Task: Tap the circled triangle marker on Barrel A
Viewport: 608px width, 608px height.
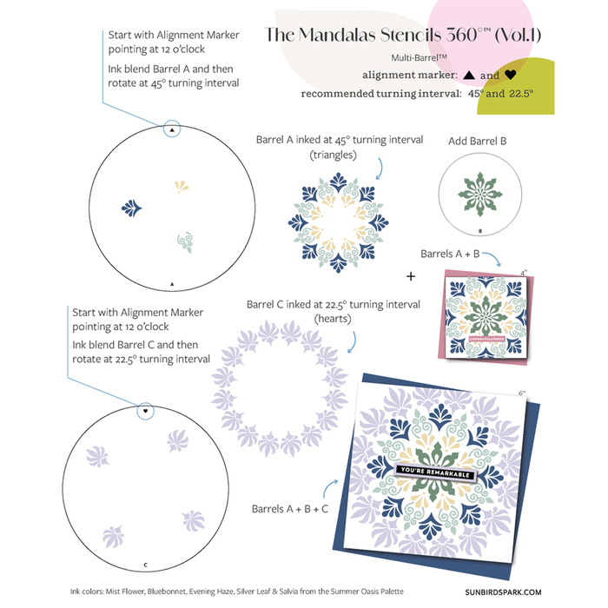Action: click(172, 129)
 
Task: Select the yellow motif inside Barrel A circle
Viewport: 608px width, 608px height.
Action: click(182, 186)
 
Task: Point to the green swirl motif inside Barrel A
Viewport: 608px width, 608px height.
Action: click(184, 241)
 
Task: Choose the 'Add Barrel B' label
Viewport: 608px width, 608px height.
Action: click(478, 140)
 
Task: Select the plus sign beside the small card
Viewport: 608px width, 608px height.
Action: click(411, 276)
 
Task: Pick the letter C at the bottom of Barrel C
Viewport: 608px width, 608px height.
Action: click(145, 564)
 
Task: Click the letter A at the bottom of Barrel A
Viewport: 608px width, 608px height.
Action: click(172, 284)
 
